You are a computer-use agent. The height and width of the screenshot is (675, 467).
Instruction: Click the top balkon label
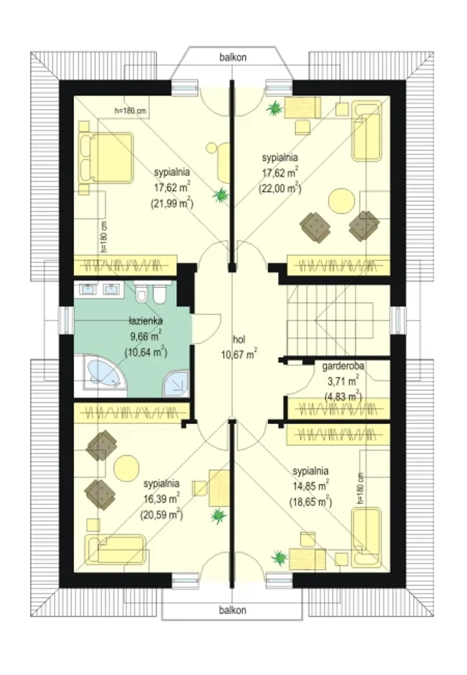click(x=233, y=57)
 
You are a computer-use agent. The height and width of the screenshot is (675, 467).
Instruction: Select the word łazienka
click(x=146, y=321)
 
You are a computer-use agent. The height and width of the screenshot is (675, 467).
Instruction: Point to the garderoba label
click(x=343, y=366)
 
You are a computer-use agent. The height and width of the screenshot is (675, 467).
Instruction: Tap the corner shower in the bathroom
click(x=176, y=384)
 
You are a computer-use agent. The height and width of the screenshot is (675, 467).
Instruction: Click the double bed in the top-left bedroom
click(x=106, y=157)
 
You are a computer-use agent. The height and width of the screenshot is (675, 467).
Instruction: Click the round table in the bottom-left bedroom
click(x=126, y=468)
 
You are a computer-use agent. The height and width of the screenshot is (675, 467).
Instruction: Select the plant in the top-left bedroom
click(x=221, y=196)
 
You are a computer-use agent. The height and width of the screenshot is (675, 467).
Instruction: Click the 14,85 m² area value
click(x=311, y=486)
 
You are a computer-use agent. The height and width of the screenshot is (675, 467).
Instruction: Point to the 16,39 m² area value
click(x=162, y=499)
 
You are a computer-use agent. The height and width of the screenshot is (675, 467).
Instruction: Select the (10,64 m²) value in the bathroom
click(x=146, y=353)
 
